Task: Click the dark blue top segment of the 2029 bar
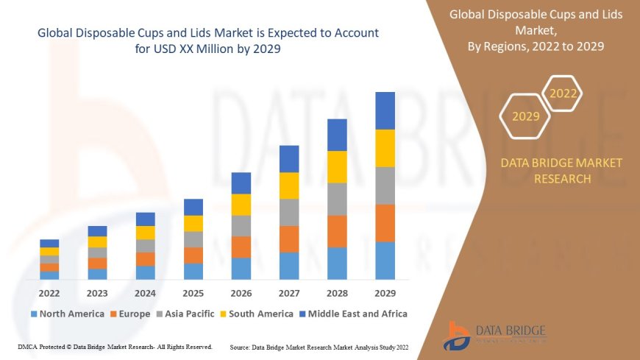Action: coord(385,110)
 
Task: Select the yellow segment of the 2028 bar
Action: coord(337,166)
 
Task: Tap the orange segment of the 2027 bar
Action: coord(289,239)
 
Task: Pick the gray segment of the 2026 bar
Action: coord(241,225)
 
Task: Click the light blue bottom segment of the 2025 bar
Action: coord(193,271)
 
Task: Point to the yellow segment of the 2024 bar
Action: coord(145,233)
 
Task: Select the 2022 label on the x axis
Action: coord(49,293)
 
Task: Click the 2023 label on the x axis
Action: coord(97,293)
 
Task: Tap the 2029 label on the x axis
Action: coord(385,293)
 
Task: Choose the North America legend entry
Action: coord(67,314)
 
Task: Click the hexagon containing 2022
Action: coord(563,93)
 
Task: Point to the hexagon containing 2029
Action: coord(525,116)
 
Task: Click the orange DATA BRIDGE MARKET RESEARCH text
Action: coord(561,171)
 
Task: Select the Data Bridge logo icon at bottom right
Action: coord(458,335)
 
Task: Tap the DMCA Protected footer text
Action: coord(114,346)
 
